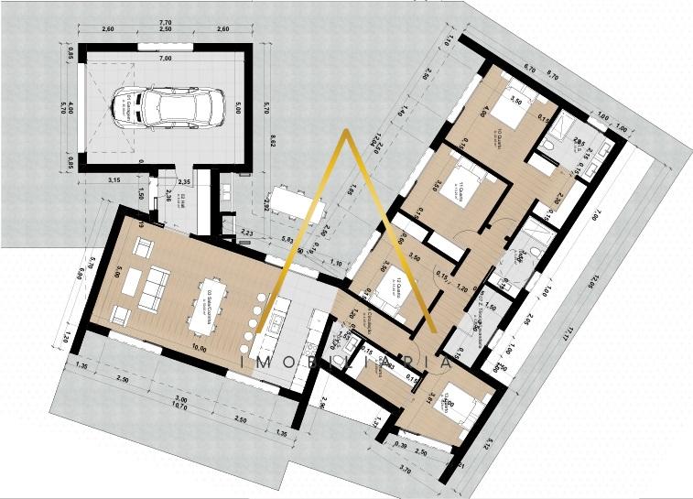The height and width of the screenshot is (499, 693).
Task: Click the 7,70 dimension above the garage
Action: pos(165,21)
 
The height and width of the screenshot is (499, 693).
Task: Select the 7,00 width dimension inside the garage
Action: pos(165,59)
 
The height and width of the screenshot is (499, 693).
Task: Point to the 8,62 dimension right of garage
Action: pos(272,141)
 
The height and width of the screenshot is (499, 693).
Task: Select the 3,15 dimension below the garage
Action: pos(114,179)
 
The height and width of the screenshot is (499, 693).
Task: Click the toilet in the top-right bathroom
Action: pos(550,145)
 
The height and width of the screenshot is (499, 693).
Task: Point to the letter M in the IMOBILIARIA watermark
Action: pos(270,363)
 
